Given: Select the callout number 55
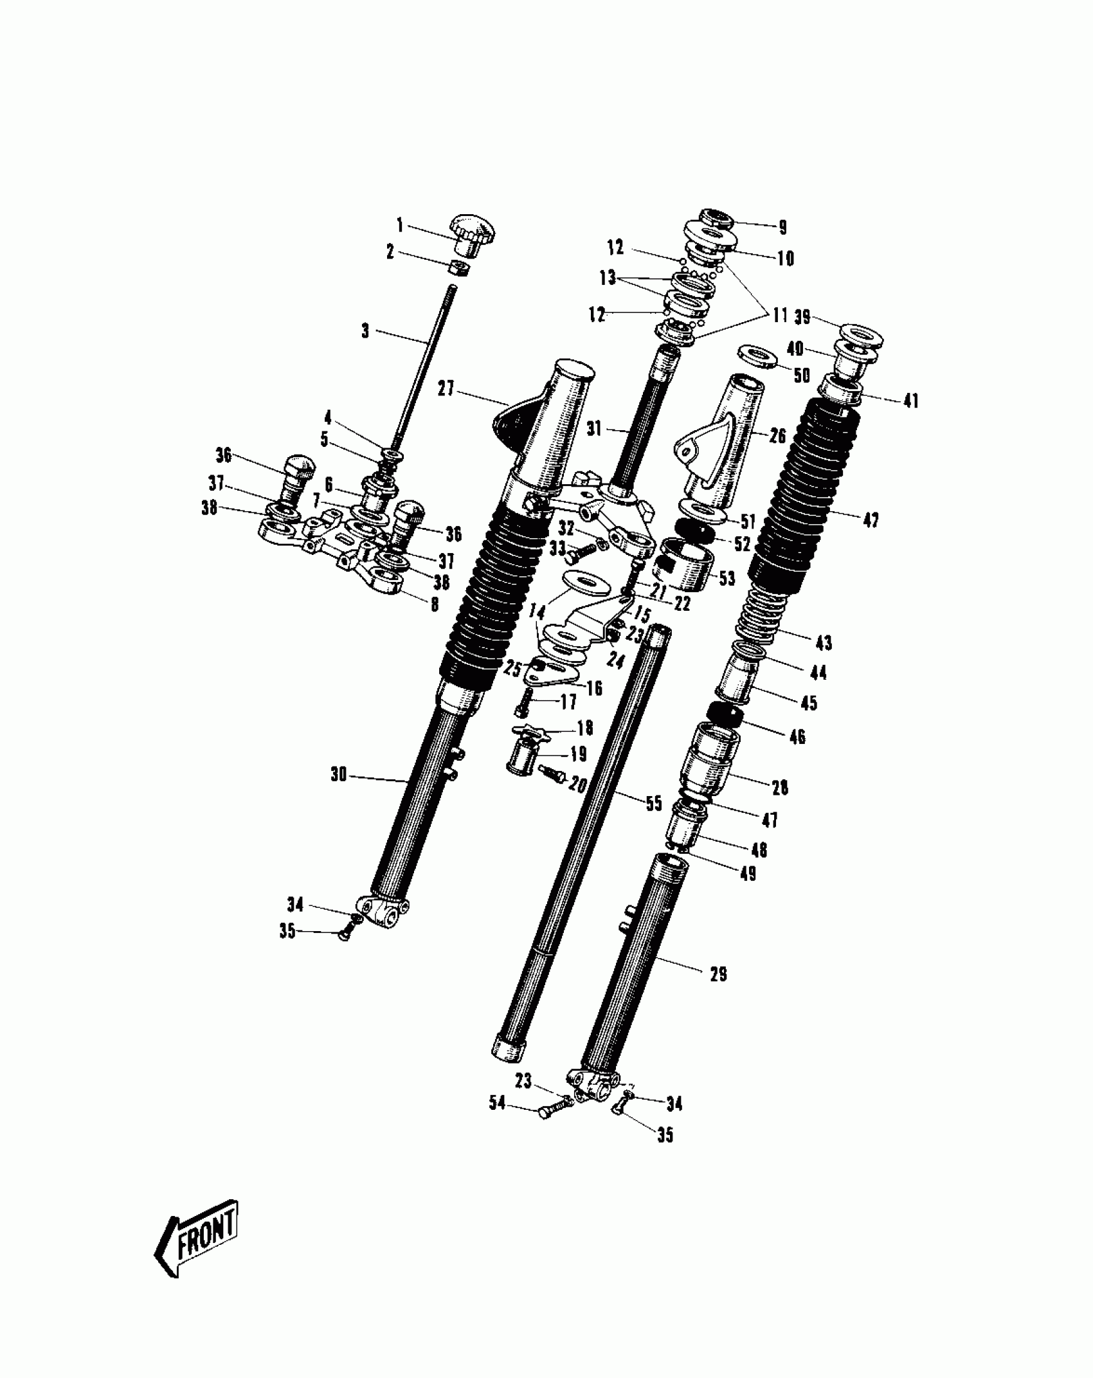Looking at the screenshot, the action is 653,803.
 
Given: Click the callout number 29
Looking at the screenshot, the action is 718,975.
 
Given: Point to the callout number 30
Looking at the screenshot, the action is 339,775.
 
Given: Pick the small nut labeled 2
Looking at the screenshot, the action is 458,267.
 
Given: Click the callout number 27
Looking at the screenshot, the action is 446,389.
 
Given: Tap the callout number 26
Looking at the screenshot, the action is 778,436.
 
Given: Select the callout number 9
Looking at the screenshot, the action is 782,227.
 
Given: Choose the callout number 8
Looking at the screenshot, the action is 435,604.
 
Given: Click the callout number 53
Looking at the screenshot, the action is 727,578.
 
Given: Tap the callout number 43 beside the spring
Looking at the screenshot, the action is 824,642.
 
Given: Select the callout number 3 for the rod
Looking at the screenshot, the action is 365,331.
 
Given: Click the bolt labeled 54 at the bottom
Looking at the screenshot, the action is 554,1109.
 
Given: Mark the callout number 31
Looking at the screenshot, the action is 594,429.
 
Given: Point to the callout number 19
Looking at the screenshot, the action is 579,753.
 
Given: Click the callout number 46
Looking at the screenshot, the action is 797,737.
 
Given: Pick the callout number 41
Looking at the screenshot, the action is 911,401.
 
